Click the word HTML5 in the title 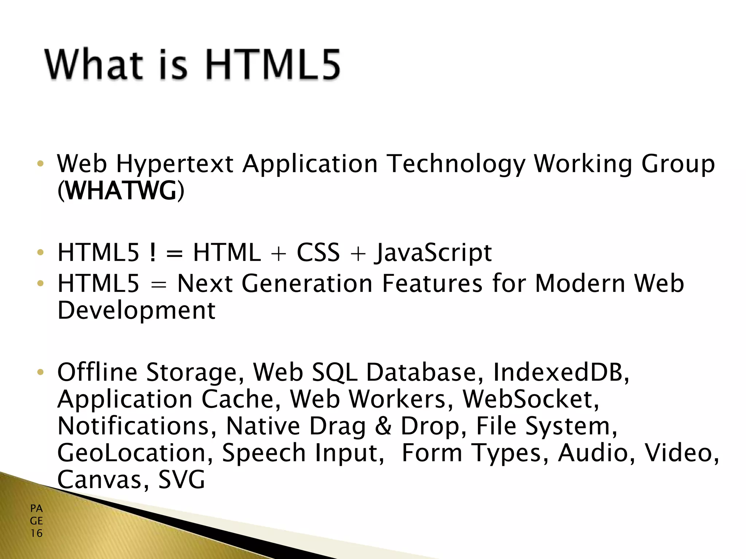[x=272, y=65]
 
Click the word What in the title [x=94, y=65]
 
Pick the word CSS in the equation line [x=318, y=253]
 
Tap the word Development [x=137, y=311]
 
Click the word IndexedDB [x=561, y=373]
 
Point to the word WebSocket [x=530, y=400]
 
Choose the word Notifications [x=137, y=426]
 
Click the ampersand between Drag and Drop [x=383, y=426]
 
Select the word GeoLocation [x=135, y=453]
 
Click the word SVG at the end [x=182, y=480]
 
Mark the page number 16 [x=36, y=534]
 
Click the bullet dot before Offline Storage [x=40, y=372]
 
